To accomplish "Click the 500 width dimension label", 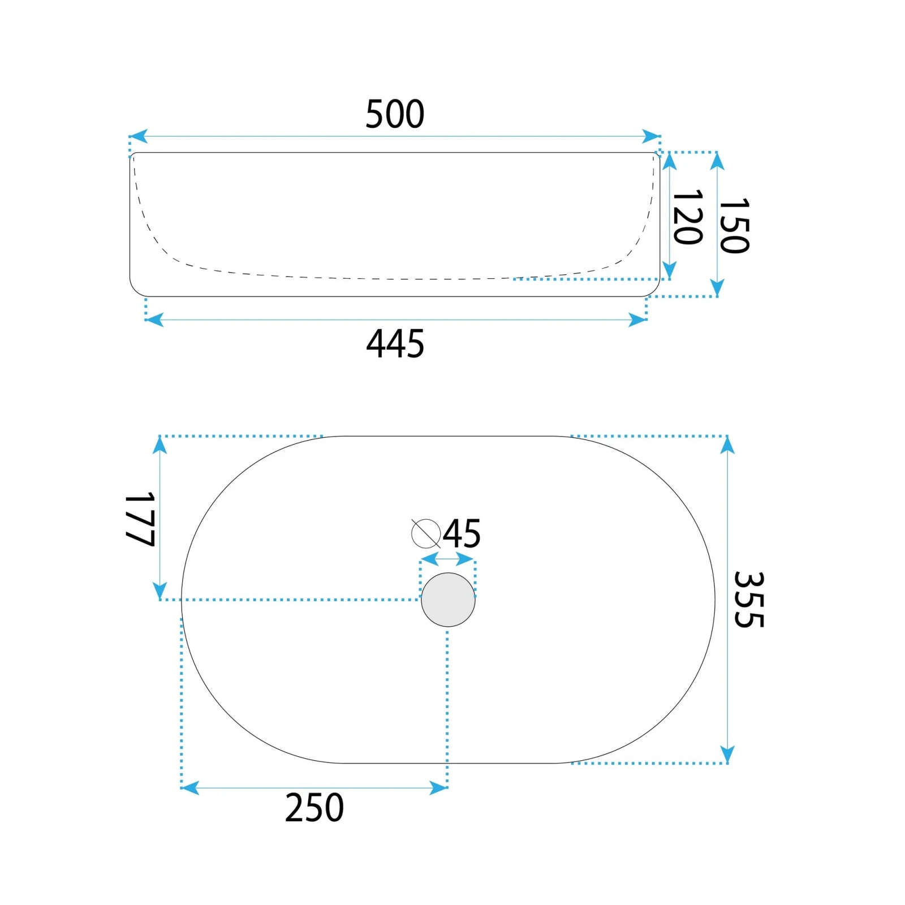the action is click(x=395, y=114).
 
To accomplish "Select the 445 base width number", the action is click(x=395, y=343).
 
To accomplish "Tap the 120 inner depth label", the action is click(x=688, y=217).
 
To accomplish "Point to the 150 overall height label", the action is click(x=734, y=225).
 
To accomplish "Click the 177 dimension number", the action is click(x=140, y=519).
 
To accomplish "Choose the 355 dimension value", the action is click(x=749, y=600).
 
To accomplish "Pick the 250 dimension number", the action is click(x=314, y=808).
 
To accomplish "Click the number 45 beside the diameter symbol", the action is click(x=462, y=533).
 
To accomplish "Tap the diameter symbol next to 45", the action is click(x=426, y=533).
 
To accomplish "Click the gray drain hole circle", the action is click(x=448, y=600).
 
